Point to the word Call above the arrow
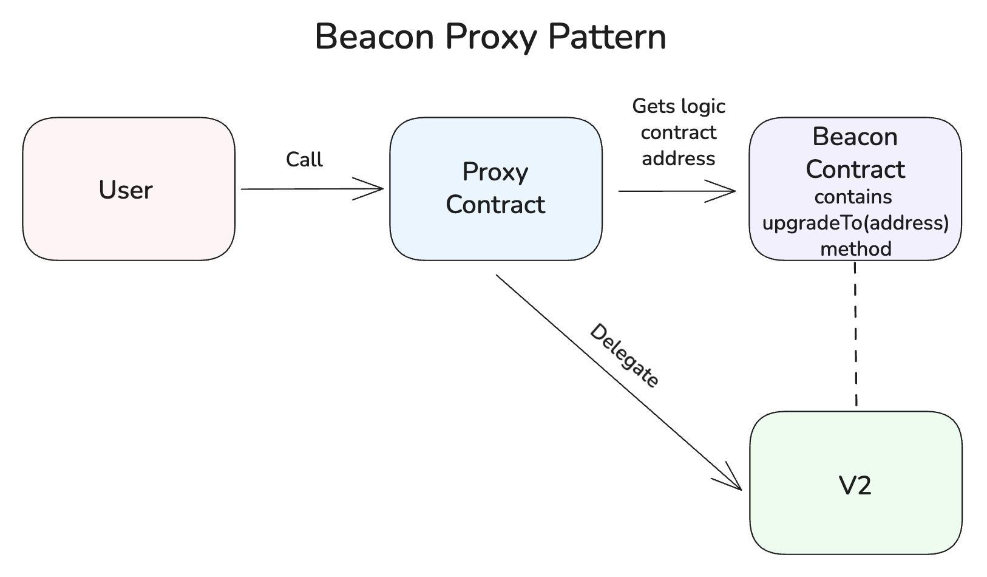304,160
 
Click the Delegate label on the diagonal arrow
624,356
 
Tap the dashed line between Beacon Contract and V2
855,334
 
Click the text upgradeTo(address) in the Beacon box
855,223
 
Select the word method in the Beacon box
855,249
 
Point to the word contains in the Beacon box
853,197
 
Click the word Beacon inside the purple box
855,137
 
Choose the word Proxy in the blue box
495,172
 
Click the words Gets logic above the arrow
679,106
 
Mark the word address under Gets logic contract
679,159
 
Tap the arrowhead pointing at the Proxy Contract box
376,189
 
